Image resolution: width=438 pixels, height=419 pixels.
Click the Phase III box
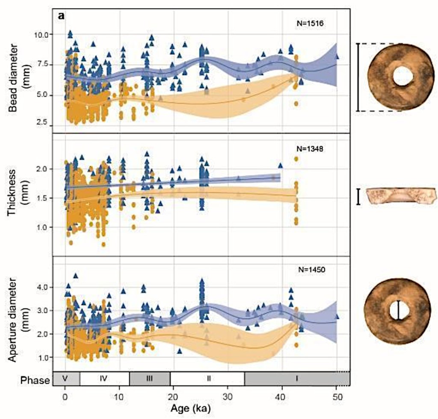[149, 379]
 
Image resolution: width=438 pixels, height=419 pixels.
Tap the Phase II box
[207, 379]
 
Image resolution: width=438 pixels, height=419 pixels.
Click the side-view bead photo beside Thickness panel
[401, 196]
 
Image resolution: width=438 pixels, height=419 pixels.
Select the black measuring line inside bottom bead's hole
[399, 310]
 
